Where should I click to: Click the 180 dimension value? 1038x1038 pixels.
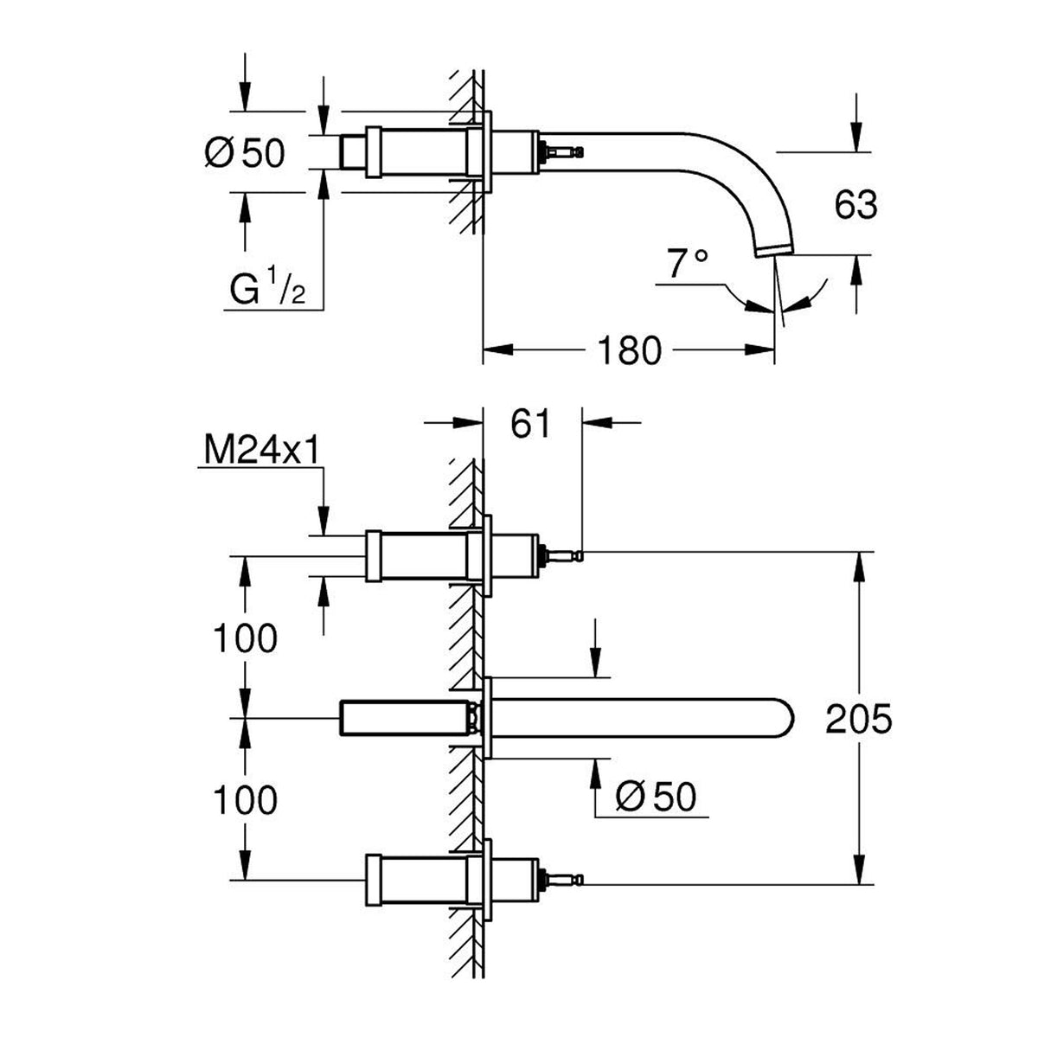(x=629, y=350)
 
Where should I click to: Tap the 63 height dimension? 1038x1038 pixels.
(x=856, y=205)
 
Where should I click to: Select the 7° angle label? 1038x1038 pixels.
(x=687, y=263)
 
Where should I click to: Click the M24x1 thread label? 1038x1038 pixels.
(x=262, y=450)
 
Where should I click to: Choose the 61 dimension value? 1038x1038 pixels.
(x=530, y=423)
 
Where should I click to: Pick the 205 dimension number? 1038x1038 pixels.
(x=859, y=719)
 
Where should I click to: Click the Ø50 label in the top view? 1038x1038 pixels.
(x=245, y=152)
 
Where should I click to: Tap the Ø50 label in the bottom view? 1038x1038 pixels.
(x=656, y=797)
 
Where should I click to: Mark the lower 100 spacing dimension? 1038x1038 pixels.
(x=246, y=800)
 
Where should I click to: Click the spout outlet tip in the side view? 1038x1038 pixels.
(x=775, y=251)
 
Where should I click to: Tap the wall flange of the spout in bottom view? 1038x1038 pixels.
(x=488, y=718)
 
